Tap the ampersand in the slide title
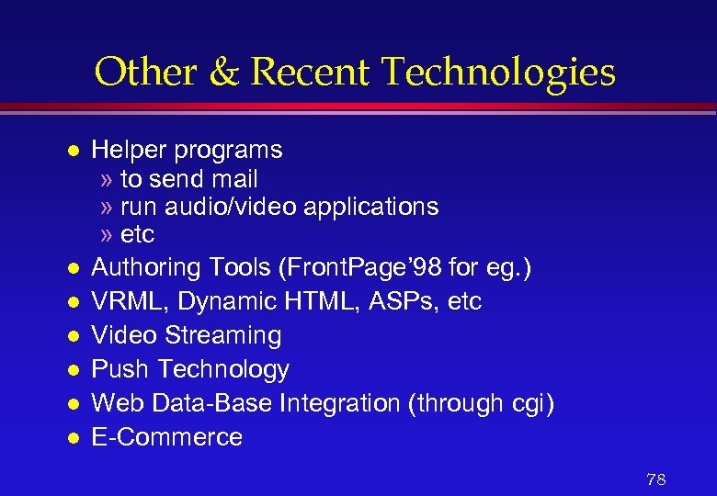pyautogui.click(x=222, y=73)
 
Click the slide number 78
pyautogui.click(x=656, y=479)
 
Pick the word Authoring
pyautogui.click(x=146, y=267)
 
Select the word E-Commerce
pyautogui.click(x=167, y=437)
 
